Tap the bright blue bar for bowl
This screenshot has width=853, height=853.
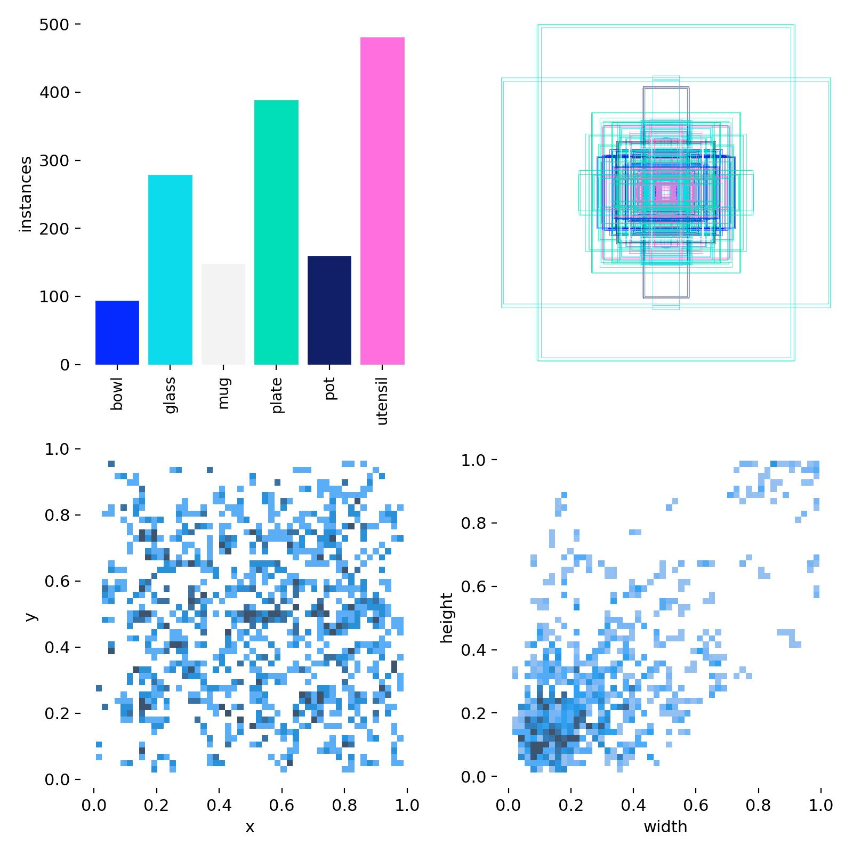[x=117, y=333]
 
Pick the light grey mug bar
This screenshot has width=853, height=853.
[x=223, y=314]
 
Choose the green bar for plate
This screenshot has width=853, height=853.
[x=276, y=232]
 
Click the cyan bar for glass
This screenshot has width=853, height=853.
[x=170, y=270]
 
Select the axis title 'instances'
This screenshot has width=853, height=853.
[x=26, y=195]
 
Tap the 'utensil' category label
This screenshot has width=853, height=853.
[x=382, y=400]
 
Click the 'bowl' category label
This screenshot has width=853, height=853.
[x=117, y=394]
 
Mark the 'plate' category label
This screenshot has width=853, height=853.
[x=276, y=396]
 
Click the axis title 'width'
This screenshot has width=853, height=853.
[x=665, y=827]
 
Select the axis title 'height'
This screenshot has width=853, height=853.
[x=447, y=618]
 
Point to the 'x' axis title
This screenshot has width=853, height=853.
[x=250, y=827]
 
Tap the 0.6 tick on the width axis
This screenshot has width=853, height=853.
[x=696, y=805]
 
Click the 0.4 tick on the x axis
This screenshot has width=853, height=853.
[x=219, y=805]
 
